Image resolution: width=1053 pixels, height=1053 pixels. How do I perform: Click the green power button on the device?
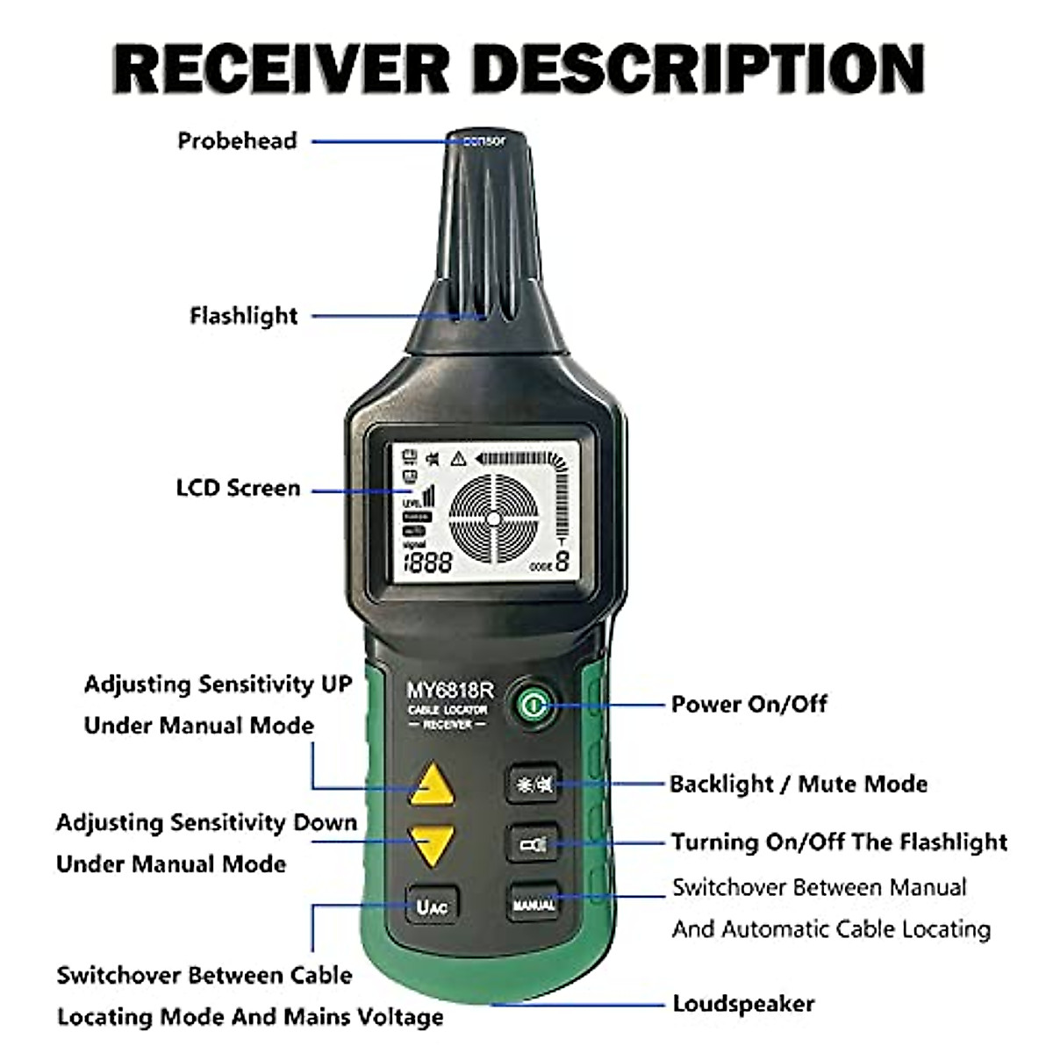(x=532, y=705)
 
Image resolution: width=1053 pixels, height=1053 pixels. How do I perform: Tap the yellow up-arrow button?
(x=432, y=784)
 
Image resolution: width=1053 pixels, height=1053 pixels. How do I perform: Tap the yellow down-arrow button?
(x=432, y=845)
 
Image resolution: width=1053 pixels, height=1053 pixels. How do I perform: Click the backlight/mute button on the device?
(x=534, y=784)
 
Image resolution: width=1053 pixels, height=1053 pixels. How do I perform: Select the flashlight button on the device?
(x=534, y=845)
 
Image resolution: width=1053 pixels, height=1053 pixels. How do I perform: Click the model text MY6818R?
(x=449, y=691)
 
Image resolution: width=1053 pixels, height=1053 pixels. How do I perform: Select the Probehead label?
(x=237, y=141)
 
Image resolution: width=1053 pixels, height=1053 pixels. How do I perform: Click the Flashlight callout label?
(x=244, y=316)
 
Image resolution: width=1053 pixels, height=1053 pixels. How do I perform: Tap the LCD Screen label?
(x=238, y=489)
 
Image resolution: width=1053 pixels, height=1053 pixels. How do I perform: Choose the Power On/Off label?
(x=749, y=704)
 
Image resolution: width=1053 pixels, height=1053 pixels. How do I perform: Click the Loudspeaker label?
(x=743, y=1004)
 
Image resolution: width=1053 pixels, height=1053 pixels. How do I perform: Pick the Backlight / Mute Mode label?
(x=799, y=784)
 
